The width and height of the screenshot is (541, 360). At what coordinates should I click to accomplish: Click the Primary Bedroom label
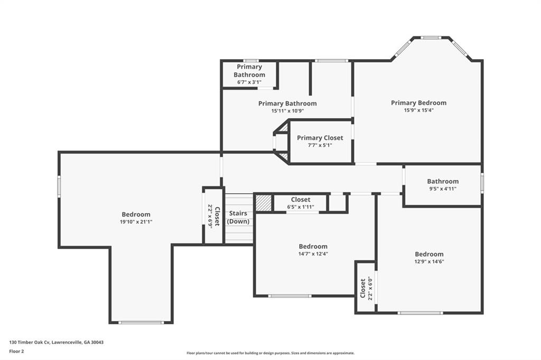click(x=418, y=103)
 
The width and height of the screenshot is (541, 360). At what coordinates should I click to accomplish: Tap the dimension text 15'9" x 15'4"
click(x=418, y=110)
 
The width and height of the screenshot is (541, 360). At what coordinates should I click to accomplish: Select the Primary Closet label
click(x=320, y=138)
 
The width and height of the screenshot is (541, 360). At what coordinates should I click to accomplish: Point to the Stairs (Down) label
click(x=238, y=217)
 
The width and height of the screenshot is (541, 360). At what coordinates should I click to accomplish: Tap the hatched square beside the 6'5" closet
click(x=264, y=203)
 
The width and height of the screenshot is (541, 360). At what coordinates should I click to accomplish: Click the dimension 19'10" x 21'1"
click(x=136, y=222)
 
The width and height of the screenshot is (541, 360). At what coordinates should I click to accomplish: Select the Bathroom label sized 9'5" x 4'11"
click(x=443, y=181)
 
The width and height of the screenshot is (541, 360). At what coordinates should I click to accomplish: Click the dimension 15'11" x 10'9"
click(x=287, y=111)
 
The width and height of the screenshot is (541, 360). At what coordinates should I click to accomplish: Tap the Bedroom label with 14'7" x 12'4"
click(x=313, y=247)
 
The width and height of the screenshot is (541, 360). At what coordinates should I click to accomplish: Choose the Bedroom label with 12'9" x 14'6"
click(x=429, y=254)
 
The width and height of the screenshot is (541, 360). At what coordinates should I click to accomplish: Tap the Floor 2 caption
click(x=17, y=350)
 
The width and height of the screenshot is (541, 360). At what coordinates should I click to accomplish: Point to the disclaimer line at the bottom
click(x=270, y=353)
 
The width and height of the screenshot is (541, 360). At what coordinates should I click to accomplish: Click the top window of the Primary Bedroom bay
click(x=431, y=37)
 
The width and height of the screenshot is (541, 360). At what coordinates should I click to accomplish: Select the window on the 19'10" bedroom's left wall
click(x=59, y=186)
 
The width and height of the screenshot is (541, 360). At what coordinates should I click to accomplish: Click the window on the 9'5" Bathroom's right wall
click(x=482, y=182)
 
